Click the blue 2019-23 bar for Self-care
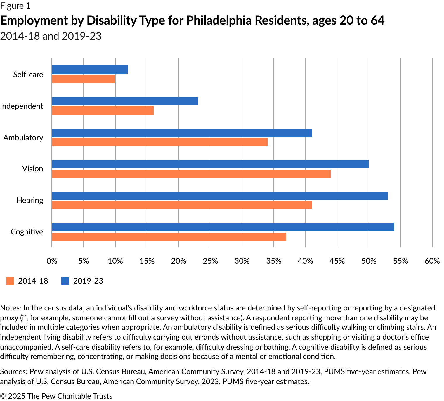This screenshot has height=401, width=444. (90, 70)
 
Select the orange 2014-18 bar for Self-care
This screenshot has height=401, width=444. (84, 79)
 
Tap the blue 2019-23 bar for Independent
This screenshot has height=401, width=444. (125, 101)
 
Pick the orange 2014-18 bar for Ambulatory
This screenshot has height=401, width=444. (159, 142)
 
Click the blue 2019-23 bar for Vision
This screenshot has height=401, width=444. (210, 164)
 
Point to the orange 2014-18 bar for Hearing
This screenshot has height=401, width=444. (182, 205)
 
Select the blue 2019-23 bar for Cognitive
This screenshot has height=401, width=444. (223, 227)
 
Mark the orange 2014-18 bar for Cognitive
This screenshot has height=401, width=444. (169, 237)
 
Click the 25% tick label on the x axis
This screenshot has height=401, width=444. (210, 261)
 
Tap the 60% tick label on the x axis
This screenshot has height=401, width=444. (432, 261)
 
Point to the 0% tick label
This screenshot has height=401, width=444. (52, 261)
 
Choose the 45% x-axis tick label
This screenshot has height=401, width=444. (337, 261)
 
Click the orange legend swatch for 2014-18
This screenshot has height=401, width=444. (10, 281)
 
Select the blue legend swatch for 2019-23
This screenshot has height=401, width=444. (65, 281)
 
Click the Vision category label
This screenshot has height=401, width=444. (32, 169)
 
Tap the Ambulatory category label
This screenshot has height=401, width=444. (23, 138)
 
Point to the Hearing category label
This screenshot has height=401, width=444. (30, 200)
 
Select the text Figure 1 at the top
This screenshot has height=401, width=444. (15, 6)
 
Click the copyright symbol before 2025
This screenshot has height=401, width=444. (3, 396)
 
